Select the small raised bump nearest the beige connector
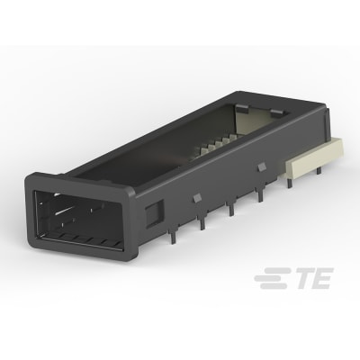[x=260, y=164]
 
